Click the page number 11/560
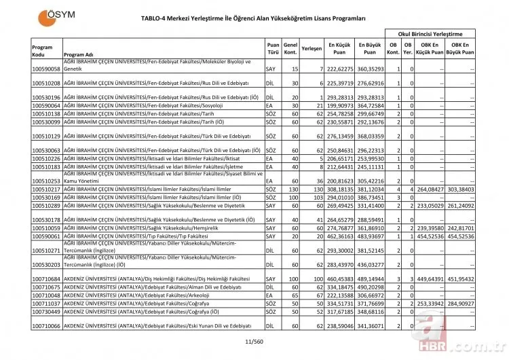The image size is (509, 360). click(253, 342)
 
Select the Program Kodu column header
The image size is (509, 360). click(41, 50)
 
